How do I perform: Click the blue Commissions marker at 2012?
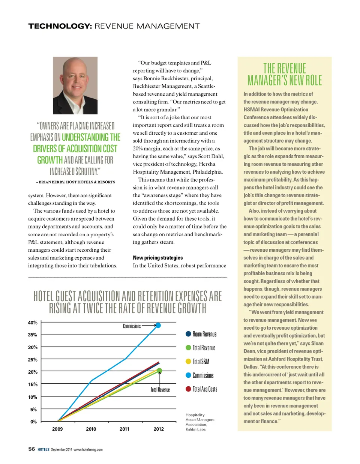pyautogui.click(x=158, y=325)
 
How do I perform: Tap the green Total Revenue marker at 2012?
pyautogui.click(x=159, y=371)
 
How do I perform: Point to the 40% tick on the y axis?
pyautogui.click(x=33, y=323)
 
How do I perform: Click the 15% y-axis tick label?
pyautogui.click(x=33, y=384)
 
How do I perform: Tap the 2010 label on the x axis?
pyautogui.click(x=91, y=429)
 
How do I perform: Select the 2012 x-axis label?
pyautogui.click(x=159, y=429)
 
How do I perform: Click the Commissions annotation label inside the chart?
pyautogui.click(x=132, y=326)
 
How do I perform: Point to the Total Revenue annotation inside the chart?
pyautogui.click(x=160, y=390)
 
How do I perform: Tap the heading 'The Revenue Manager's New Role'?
pyautogui.click(x=285, y=74)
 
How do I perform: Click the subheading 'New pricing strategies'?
pyautogui.click(x=158, y=258)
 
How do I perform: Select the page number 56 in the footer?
pyautogui.click(x=31, y=449)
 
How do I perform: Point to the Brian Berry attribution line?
pyautogui.click(x=75, y=182)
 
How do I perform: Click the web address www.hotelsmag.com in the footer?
pyautogui.click(x=88, y=449)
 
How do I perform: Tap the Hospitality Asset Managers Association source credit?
pyautogui.click(x=200, y=422)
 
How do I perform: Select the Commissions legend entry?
pyautogui.click(x=202, y=375)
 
